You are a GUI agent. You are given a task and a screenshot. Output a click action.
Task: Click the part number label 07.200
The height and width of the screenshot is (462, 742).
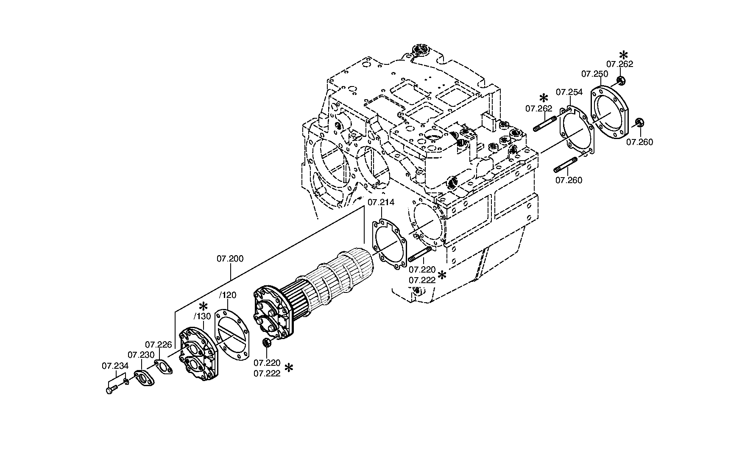(230, 259)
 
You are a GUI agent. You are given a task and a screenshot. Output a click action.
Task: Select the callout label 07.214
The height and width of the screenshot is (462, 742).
(381, 202)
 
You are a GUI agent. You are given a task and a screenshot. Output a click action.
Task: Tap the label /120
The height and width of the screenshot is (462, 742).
(228, 295)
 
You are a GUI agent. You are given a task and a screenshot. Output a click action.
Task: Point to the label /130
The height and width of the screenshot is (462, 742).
(202, 316)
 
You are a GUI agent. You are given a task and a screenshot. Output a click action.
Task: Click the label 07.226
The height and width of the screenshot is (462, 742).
(159, 345)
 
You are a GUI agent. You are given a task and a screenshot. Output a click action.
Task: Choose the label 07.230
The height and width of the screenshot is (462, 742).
(141, 355)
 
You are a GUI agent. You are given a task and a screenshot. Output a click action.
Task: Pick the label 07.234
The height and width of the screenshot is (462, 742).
(115, 365)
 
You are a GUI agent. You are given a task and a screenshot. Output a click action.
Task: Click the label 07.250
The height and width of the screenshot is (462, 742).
(594, 74)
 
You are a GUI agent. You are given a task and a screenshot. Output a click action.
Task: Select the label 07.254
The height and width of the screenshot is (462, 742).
(569, 92)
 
